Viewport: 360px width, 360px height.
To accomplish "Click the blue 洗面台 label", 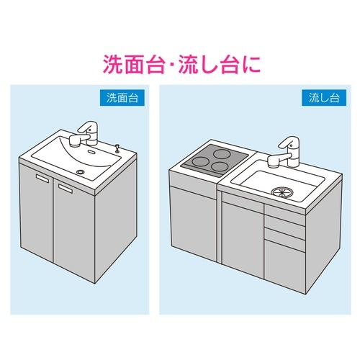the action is coord(122,98).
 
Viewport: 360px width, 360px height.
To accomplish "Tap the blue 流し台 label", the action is coord(324,98).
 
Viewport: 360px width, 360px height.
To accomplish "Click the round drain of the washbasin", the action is coord(81,171).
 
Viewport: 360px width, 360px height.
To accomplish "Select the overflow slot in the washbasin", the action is coord(91,151).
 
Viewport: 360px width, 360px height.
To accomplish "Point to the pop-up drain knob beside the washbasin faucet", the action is coord(117,148).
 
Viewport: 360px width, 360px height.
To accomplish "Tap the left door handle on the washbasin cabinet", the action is coord(42,178).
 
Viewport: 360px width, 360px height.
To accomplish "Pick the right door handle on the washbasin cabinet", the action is coord(66,188).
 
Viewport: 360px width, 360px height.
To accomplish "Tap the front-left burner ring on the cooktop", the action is coord(200,162).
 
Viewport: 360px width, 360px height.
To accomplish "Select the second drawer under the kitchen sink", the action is coord(284,234).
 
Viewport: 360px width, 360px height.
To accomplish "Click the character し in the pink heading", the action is coord(207,64).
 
